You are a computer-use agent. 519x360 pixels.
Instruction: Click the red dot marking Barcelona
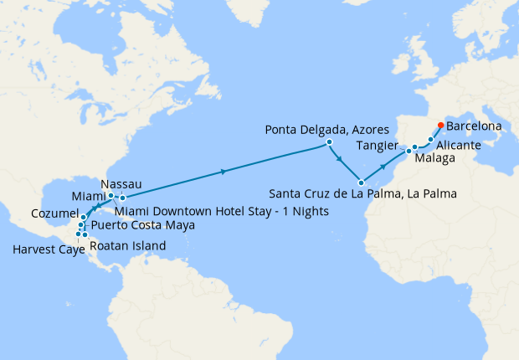(440, 127)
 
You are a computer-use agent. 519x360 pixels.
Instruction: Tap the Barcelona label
(475, 126)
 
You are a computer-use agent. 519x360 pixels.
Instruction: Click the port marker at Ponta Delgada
(330, 142)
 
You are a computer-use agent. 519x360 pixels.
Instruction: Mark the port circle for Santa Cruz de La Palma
(361, 183)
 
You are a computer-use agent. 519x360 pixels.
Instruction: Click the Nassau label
(120, 183)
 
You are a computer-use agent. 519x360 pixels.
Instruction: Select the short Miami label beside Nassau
(88, 196)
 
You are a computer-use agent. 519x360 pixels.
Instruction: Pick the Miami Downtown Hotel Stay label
(221, 210)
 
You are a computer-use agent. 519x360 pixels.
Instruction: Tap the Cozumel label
(54, 214)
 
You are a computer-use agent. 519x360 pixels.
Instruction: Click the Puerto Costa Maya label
(142, 225)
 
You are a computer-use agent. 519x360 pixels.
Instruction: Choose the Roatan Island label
(126, 245)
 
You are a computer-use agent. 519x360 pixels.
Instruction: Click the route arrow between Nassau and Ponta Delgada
(223, 171)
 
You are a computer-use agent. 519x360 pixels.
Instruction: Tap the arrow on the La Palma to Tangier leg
(383, 167)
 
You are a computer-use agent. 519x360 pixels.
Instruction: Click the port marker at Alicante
(432, 140)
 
